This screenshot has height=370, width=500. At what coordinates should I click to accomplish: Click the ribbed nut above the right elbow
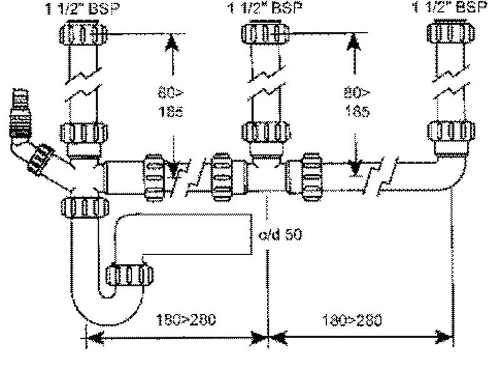[x=451, y=132]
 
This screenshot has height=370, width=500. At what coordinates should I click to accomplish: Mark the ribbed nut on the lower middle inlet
[x=265, y=132]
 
